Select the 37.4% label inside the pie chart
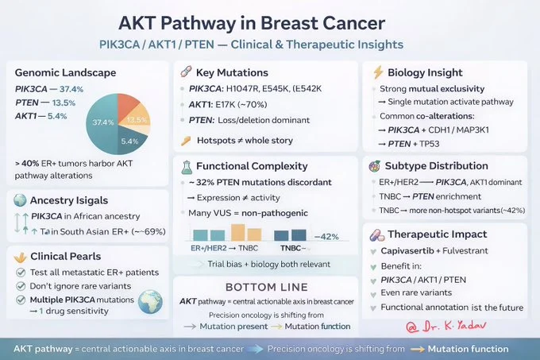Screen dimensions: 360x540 click(x=104, y=122)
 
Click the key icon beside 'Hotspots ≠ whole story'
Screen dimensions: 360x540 click(x=186, y=141)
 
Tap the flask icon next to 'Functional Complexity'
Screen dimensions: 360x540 click(x=186, y=166)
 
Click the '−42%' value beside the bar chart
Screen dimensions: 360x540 click(x=327, y=237)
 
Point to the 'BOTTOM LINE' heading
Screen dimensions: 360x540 click(x=262, y=287)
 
